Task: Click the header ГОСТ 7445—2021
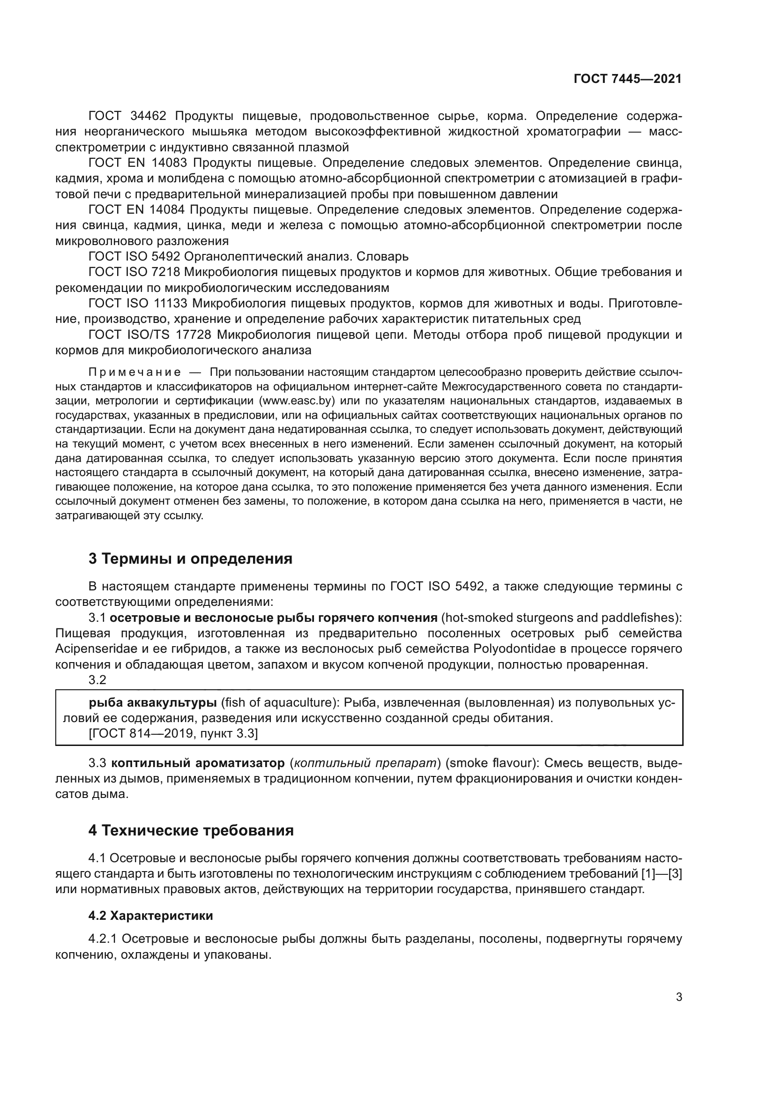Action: pyautogui.click(x=627, y=79)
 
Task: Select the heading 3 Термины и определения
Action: pyautogui.click(x=190, y=559)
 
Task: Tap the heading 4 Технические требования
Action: pyautogui.click(x=191, y=830)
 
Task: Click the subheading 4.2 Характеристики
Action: pyautogui.click(x=150, y=916)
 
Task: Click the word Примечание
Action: pyautogui.click(x=134, y=372)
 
